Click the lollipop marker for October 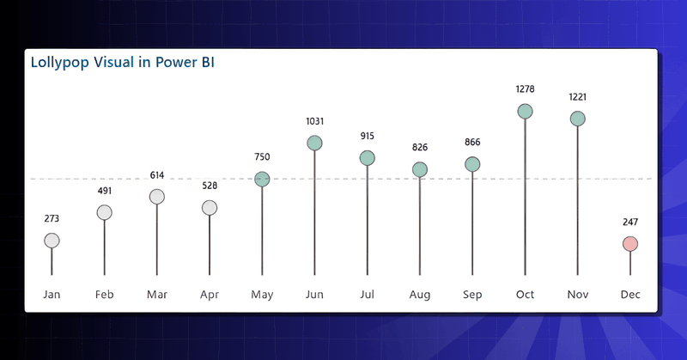[525, 112]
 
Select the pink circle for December [630, 244]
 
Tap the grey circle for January [52, 241]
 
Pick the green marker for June [314, 143]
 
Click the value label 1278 [525, 88]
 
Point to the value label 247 [630, 223]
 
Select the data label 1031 [314, 121]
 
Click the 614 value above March [156, 175]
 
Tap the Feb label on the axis [104, 295]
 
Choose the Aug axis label [420, 295]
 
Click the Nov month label [578, 295]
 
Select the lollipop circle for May [262, 179]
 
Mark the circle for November [578, 119]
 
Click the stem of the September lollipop [472, 223]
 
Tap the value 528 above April [210, 186]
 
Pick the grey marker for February [104, 212]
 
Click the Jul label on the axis [367, 295]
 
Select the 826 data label [420, 148]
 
